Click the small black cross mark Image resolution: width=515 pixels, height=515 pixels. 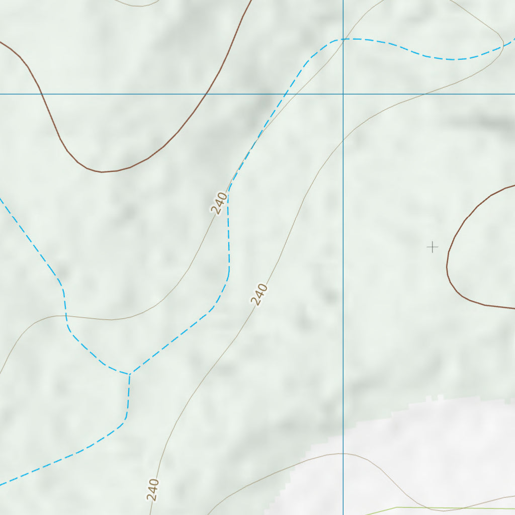point(432,247)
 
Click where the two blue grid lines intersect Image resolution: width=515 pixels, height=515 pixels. point(343,94)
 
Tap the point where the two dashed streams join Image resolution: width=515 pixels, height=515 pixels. point(130,374)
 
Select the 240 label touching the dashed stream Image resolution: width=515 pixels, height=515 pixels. point(219,203)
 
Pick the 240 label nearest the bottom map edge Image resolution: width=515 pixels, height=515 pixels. point(153,489)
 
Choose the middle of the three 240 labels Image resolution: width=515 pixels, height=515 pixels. point(259,295)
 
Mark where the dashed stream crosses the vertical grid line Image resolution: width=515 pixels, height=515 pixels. point(343,39)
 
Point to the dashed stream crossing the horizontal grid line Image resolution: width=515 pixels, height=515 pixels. point(286,94)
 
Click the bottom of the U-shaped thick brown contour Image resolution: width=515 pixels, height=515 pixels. point(102,172)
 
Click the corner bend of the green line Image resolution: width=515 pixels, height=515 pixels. point(397,508)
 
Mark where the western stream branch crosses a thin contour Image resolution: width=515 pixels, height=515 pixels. point(66,316)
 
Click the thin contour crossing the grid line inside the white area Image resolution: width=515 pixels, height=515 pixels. point(343,454)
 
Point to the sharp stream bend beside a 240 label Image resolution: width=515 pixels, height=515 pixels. point(228,193)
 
